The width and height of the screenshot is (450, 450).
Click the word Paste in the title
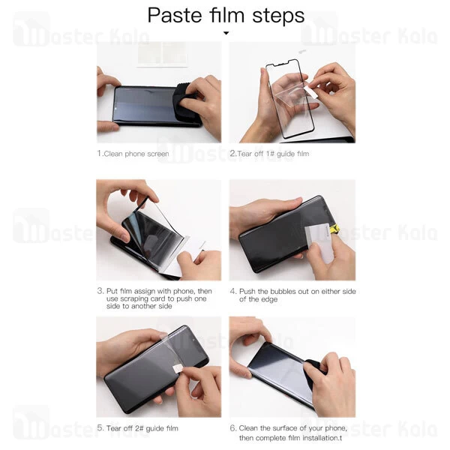174,15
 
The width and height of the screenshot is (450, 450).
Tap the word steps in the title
278,16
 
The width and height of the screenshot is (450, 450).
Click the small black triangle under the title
226,33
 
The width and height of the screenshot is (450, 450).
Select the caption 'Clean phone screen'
136,154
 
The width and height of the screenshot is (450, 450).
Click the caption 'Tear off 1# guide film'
273,154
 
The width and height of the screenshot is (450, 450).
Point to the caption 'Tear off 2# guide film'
142,428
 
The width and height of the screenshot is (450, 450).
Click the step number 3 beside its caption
100,291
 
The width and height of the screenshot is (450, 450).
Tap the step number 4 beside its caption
232,291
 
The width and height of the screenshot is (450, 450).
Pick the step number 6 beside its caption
232,428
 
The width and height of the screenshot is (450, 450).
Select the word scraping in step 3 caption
136,298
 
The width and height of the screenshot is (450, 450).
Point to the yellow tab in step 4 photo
334,229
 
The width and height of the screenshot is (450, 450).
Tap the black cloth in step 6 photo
313,372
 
